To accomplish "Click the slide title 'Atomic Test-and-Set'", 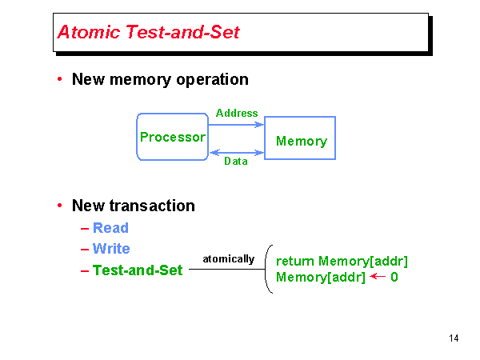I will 149,33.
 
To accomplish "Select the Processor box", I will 172,137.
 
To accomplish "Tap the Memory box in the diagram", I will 301,141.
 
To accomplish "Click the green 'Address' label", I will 237,114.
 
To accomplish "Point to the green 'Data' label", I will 236,161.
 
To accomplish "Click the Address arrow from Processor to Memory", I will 236,125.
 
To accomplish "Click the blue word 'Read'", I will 110,228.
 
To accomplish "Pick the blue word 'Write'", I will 111,249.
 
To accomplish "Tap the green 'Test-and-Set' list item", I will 138,270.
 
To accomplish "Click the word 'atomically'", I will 229,259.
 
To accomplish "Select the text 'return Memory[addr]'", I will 342,261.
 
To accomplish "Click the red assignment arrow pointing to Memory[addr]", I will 378,278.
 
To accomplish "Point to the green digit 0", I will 394,278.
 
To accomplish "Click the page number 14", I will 454,338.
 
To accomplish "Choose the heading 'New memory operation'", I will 160,79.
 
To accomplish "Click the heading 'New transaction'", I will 134,206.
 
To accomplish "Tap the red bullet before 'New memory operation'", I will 60,79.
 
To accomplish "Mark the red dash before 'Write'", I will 85,249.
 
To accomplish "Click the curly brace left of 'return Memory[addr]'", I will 269,270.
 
